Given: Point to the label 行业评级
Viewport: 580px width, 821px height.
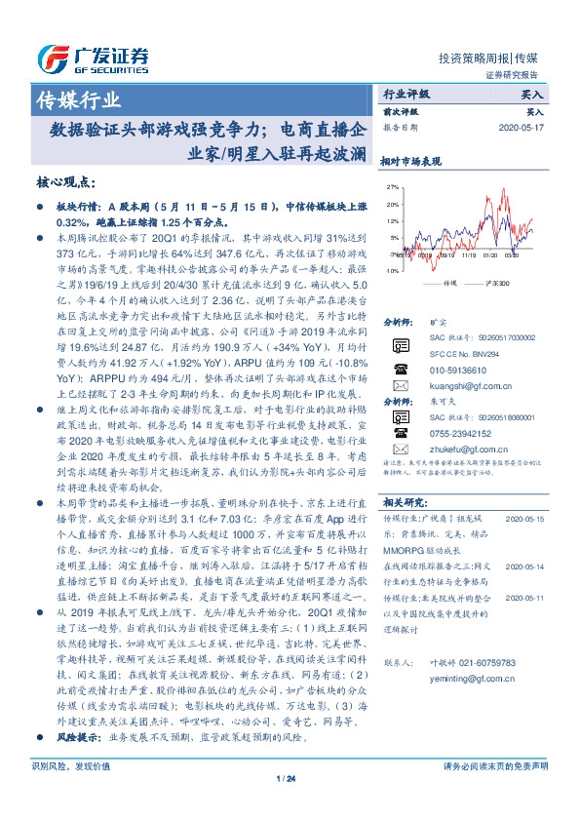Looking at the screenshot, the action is pos(407,96).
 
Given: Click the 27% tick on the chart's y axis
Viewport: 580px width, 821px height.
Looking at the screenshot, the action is pos(392,186).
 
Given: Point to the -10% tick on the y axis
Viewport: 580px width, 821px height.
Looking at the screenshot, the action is pos(391,270).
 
